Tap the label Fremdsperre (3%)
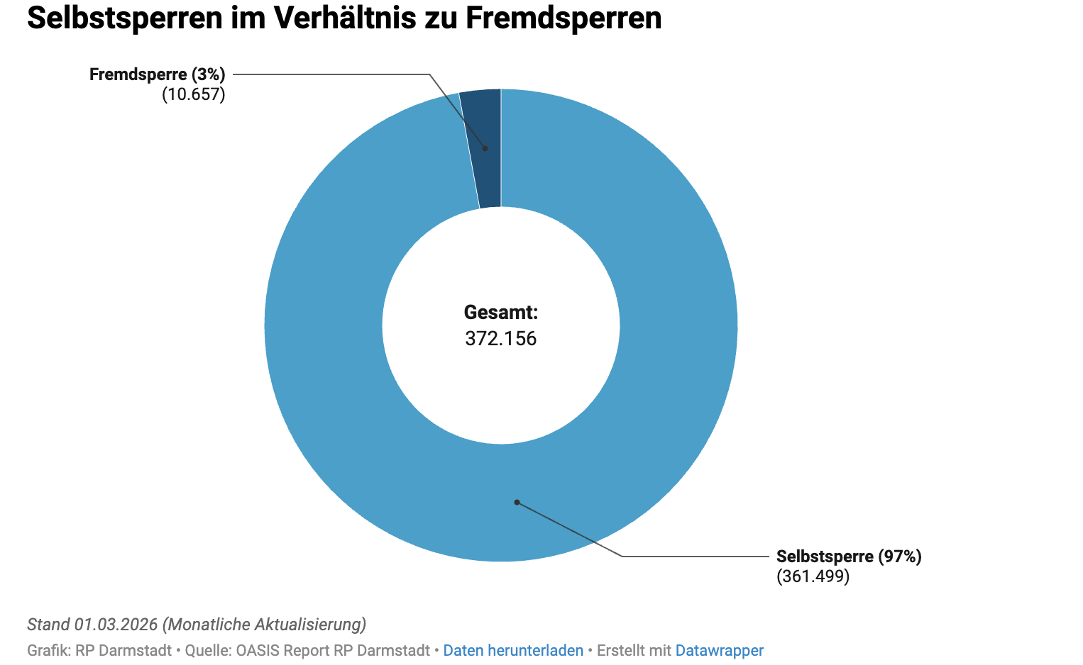click(x=157, y=74)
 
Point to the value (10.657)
click(x=193, y=94)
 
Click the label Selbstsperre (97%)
click(x=849, y=557)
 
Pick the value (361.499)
click(x=813, y=576)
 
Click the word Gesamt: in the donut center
click(x=500, y=312)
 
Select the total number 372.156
click(x=500, y=338)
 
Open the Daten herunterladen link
click(x=513, y=650)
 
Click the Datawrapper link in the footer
click(x=719, y=650)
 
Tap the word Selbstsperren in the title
click(x=124, y=18)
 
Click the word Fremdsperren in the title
click(x=564, y=18)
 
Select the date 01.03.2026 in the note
click(x=116, y=625)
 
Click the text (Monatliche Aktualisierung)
click(x=264, y=625)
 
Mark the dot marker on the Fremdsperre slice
click(x=485, y=148)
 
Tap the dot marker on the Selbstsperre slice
click(x=517, y=502)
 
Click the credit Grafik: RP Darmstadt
click(x=99, y=650)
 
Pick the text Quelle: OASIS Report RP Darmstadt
click(x=307, y=650)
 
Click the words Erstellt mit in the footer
click(x=634, y=650)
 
